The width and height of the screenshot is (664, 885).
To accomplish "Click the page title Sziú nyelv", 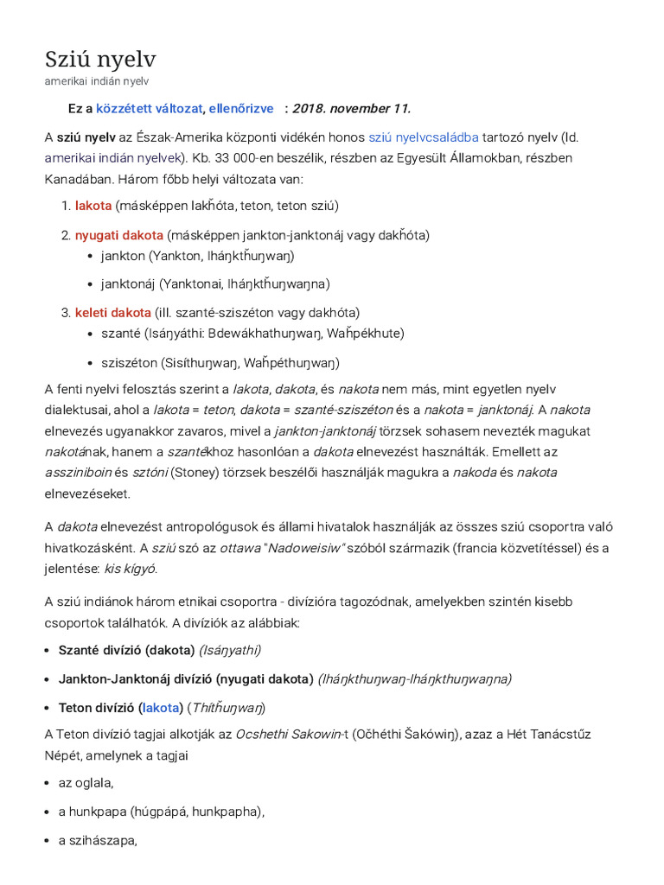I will (100, 60).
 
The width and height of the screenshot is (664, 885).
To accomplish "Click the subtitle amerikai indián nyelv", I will (97, 81).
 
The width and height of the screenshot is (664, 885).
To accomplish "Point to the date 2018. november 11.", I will (351, 108).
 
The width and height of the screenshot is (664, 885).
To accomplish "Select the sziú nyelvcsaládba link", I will (423, 137).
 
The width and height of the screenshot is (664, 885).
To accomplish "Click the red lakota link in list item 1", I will (93, 206).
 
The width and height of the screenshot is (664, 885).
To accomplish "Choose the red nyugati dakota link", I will (119, 235).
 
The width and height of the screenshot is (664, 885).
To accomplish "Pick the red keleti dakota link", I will (113, 312).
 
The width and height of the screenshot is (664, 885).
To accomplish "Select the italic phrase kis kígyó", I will (131, 569).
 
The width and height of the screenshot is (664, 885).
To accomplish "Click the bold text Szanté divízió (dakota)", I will (126, 650).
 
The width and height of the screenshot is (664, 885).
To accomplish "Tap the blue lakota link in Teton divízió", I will (161, 708).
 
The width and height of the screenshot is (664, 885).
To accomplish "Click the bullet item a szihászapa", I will (98, 840).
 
